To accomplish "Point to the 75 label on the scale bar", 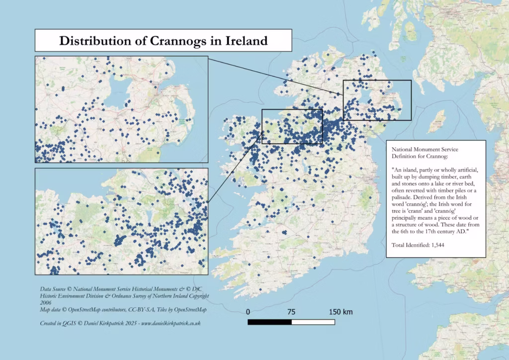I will [291, 312].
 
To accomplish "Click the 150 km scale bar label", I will [340, 312].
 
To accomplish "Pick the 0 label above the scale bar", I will [248, 312].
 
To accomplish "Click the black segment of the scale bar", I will [269, 322].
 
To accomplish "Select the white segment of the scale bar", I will [313, 322].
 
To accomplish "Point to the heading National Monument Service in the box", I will [425, 149].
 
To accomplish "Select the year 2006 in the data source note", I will [46, 302].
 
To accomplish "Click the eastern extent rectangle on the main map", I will [411, 99].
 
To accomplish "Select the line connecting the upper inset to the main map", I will [275, 75].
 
